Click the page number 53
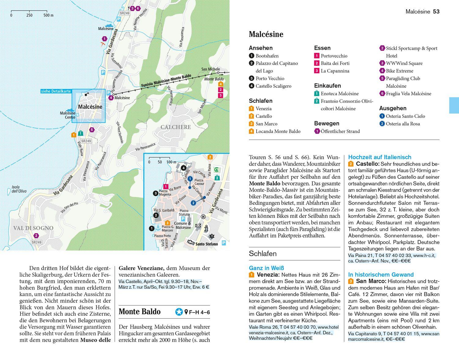click(x=436, y=12)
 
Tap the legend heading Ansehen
click(x=260, y=48)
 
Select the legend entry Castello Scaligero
click(x=273, y=86)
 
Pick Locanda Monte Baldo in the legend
click(x=278, y=131)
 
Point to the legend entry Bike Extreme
click(x=399, y=71)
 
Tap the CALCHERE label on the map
click(x=176, y=127)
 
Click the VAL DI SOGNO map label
click(x=33, y=228)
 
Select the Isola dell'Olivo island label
click(x=19, y=189)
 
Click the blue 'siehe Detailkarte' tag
click(x=56, y=91)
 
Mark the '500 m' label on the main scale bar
click(x=48, y=15)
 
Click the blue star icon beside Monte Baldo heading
click(x=179, y=312)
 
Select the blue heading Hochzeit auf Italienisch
click(x=380, y=157)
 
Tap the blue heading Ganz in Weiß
click(x=267, y=268)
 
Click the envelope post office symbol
click(x=198, y=226)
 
